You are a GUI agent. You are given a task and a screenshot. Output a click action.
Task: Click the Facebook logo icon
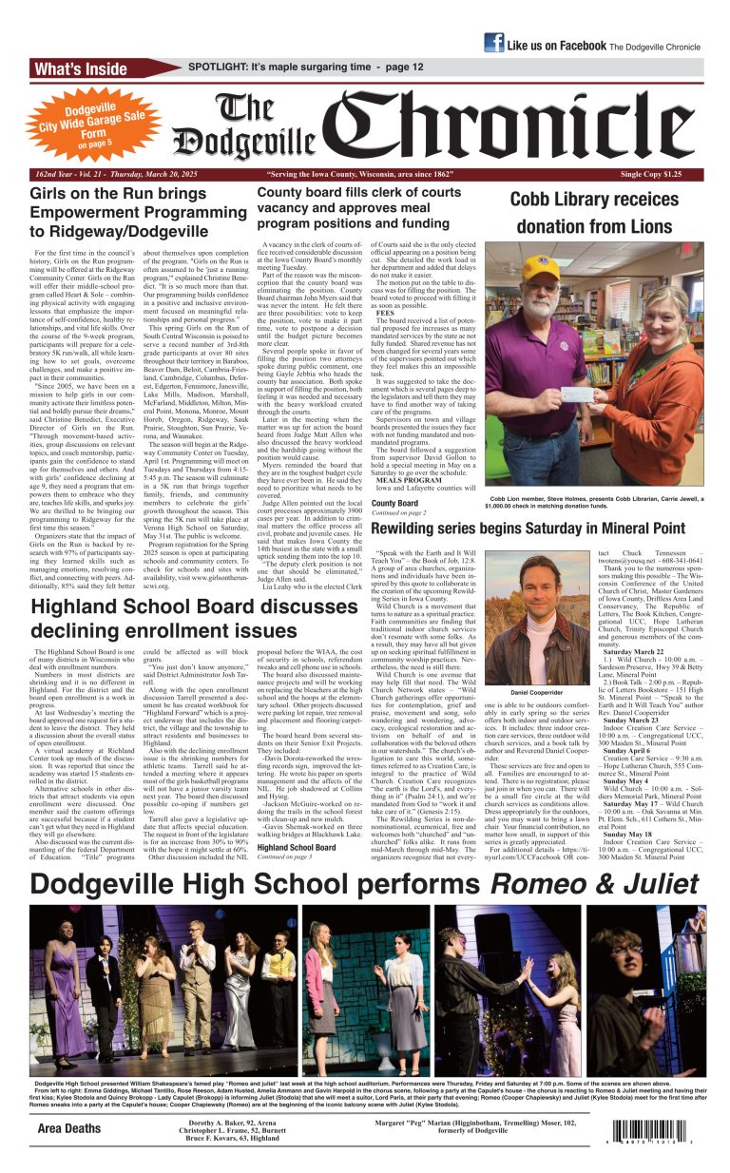click(493, 43)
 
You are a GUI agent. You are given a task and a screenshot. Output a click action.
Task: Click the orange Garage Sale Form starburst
click(80, 121)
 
